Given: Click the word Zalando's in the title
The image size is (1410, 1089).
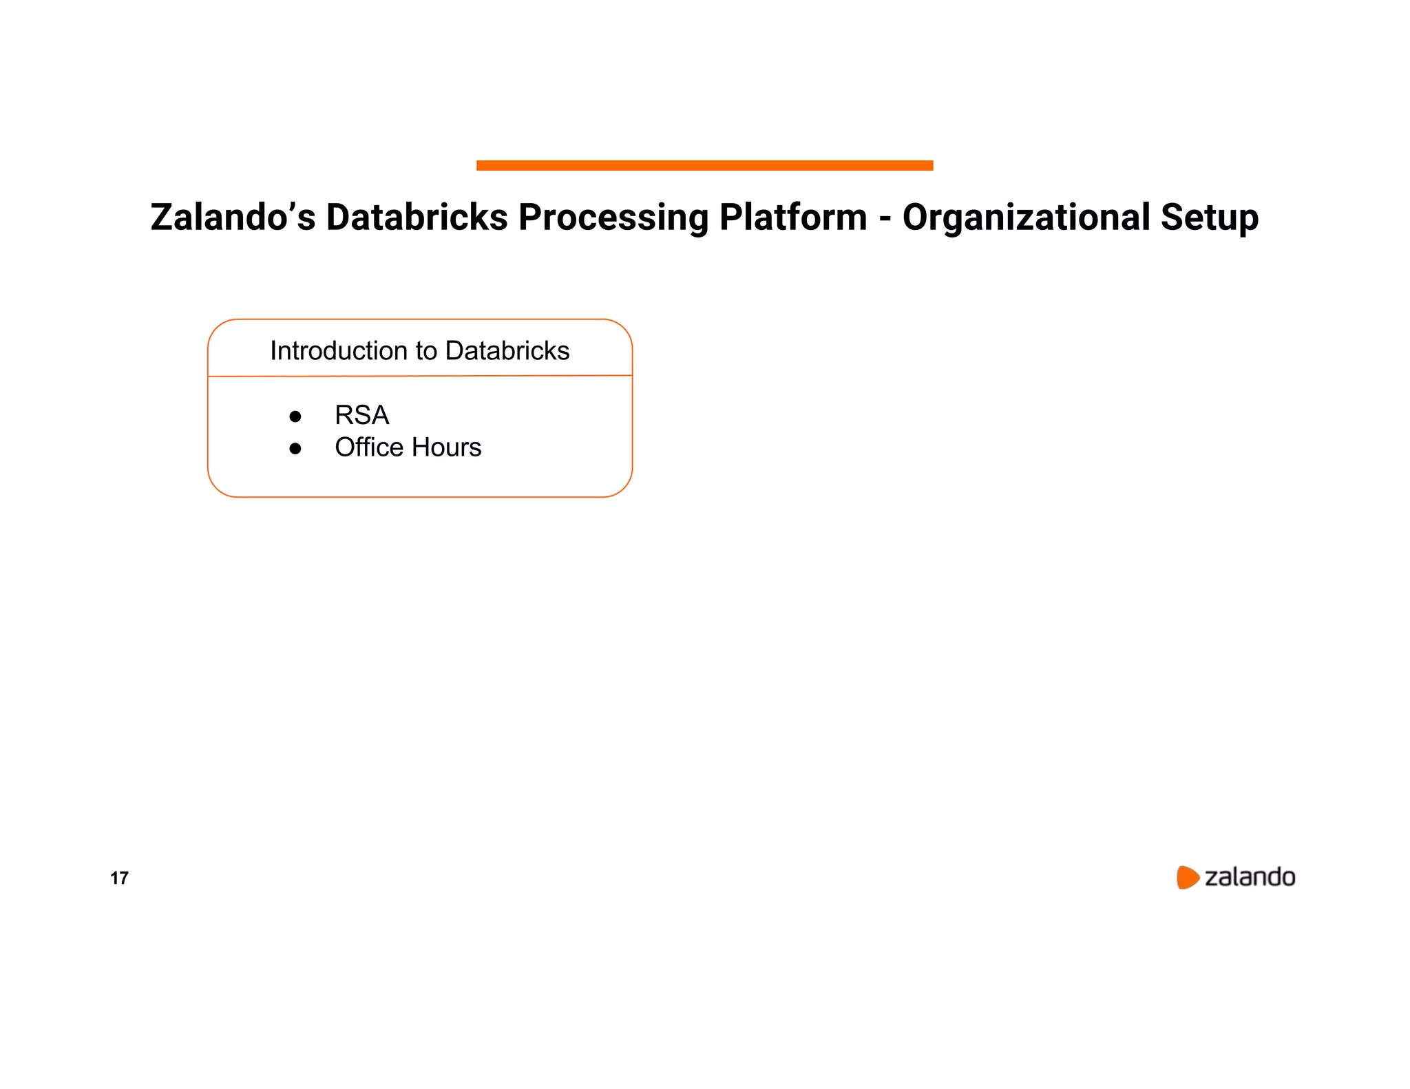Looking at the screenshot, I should click(x=233, y=218).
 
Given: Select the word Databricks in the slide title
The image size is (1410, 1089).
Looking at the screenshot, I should click(x=417, y=218).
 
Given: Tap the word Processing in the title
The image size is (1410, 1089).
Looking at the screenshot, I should click(x=613, y=218).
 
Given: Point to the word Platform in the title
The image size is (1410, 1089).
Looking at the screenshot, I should click(x=793, y=218).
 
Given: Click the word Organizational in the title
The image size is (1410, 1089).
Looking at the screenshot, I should click(x=1026, y=218).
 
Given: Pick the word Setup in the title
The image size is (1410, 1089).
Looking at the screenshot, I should click(x=1210, y=218).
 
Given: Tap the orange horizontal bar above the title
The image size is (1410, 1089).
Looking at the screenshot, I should click(x=704, y=165).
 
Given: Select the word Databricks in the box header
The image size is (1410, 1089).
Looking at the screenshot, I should click(x=507, y=351).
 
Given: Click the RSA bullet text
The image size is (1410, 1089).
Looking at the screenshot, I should click(x=362, y=415).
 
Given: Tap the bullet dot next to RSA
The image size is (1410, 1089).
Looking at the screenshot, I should click(x=295, y=416).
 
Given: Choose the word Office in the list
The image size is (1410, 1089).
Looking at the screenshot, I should click(x=368, y=447).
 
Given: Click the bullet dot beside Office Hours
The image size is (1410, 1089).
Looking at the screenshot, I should click(x=295, y=449).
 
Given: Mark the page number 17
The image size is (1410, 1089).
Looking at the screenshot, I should click(x=119, y=878).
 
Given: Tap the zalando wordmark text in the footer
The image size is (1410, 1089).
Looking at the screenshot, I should click(x=1250, y=877).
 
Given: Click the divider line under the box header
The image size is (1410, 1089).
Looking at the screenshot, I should click(x=420, y=376).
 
